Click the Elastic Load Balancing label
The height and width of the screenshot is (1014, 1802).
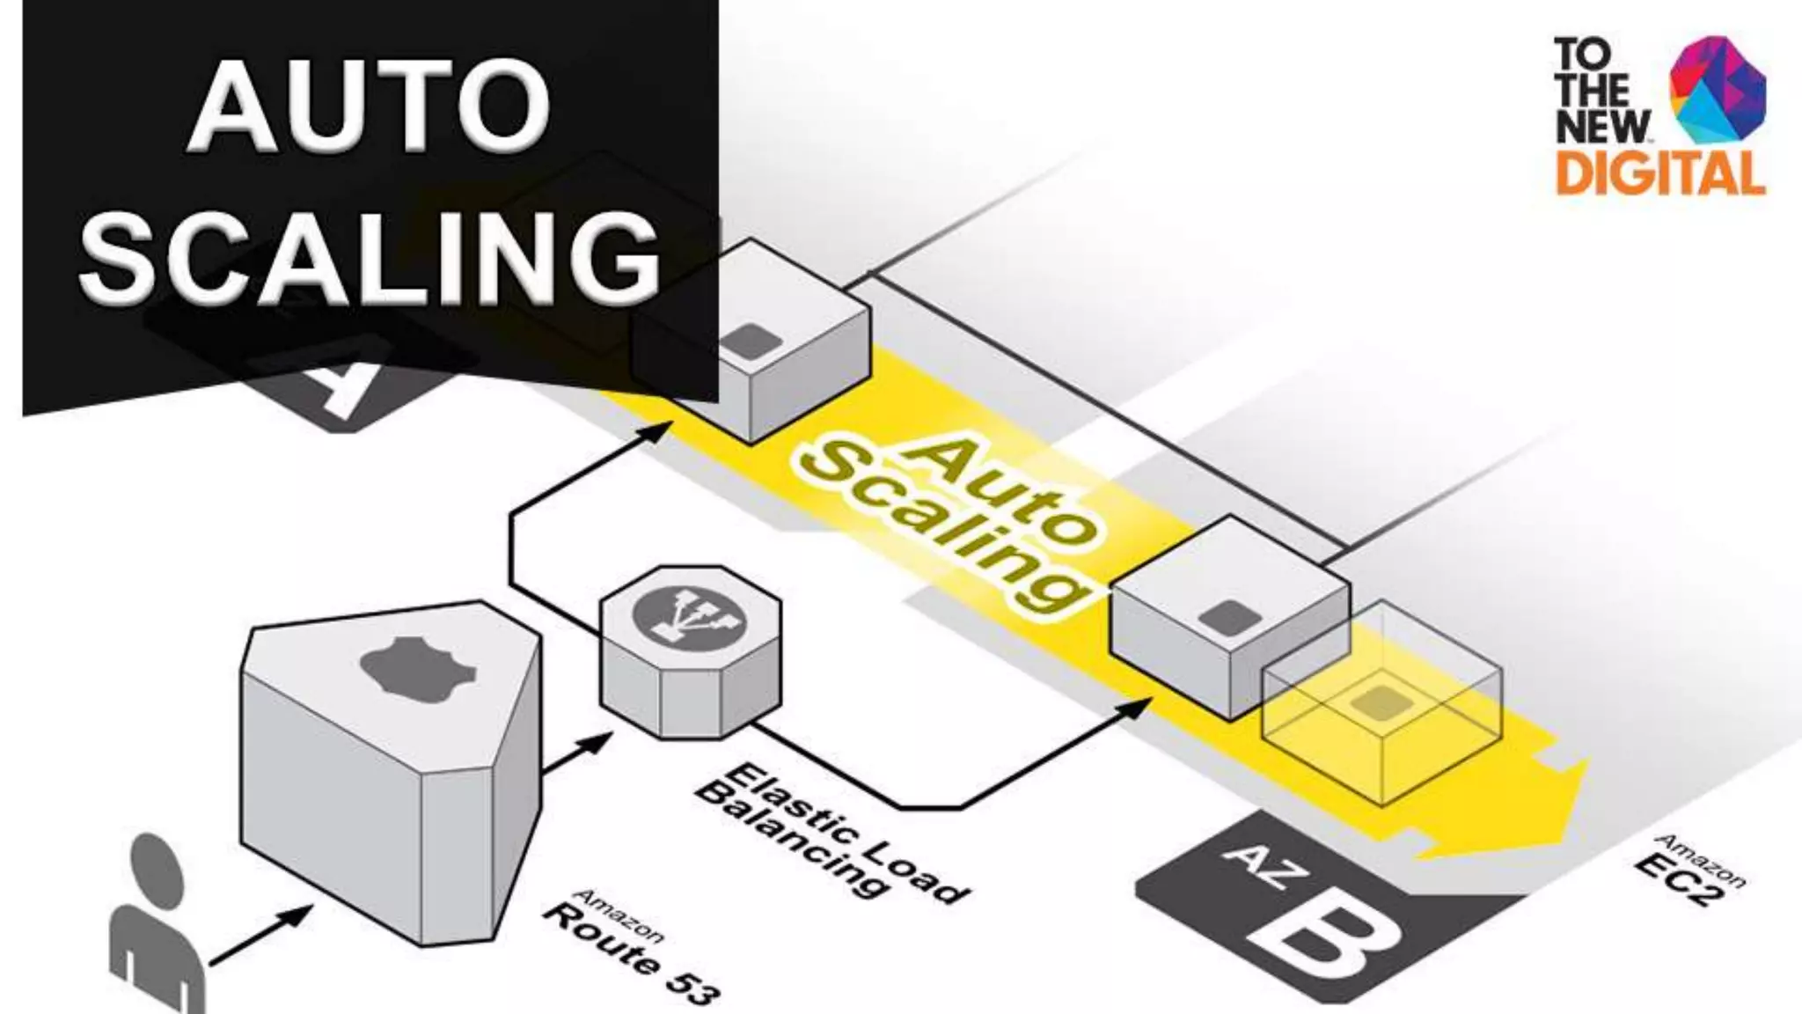[x=827, y=832]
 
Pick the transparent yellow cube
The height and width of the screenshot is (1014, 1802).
[x=1381, y=700]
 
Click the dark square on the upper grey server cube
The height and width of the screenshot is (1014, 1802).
[x=748, y=342]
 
